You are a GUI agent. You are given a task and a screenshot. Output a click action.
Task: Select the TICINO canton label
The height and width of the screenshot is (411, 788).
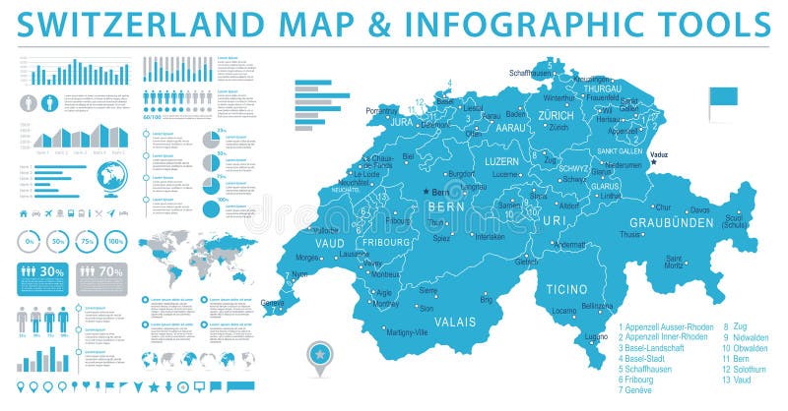pos(570,291)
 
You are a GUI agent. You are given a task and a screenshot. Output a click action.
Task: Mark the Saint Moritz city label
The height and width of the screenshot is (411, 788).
pos(674,261)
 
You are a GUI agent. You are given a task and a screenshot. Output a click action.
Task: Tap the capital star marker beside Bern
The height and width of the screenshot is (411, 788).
pos(427,192)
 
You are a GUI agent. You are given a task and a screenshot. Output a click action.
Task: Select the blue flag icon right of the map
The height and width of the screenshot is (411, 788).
pos(722,99)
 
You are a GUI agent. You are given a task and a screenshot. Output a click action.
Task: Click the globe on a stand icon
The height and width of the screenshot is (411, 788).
pos(112,179)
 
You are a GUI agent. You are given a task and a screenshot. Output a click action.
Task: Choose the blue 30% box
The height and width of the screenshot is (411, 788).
pos(43,271)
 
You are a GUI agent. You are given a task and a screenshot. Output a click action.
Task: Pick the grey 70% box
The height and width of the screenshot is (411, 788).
pos(103,271)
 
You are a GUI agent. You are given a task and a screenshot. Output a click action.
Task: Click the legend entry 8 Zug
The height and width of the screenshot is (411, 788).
pos(735,326)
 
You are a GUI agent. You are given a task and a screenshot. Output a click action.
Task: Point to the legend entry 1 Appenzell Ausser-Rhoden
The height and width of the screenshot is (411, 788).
pos(666,326)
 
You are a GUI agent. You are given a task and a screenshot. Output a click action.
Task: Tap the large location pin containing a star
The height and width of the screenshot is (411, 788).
pos(320,351)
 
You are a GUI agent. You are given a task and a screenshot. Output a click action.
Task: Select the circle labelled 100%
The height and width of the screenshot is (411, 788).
pos(116,241)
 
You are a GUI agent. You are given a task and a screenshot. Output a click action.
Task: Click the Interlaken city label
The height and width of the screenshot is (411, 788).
pos(490,236)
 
